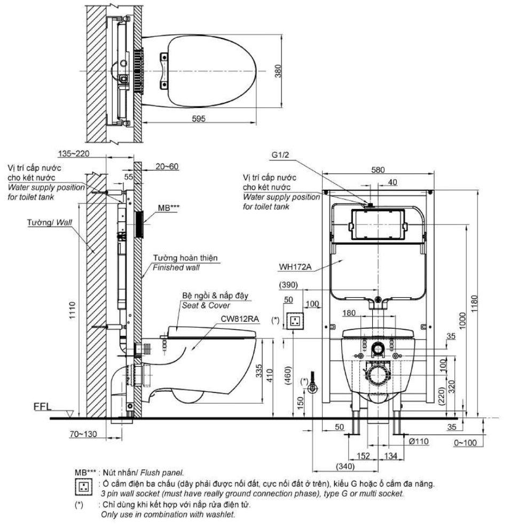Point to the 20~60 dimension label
166,167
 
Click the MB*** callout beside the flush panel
166,205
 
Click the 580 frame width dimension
379,171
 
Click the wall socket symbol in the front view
294,321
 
